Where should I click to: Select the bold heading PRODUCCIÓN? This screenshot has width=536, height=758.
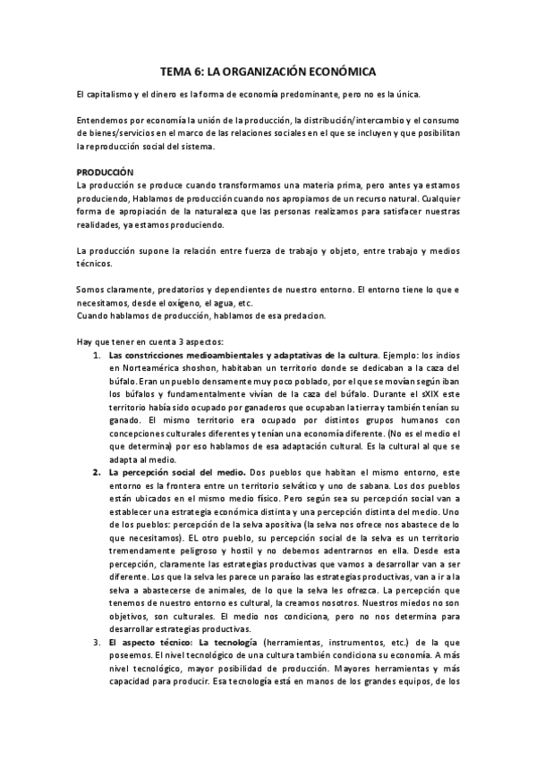coord(104,171)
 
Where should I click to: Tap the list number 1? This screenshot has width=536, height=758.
coord(97,355)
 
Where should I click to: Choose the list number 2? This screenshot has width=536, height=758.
coord(97,471)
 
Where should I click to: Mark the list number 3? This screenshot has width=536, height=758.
coord(97,642)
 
